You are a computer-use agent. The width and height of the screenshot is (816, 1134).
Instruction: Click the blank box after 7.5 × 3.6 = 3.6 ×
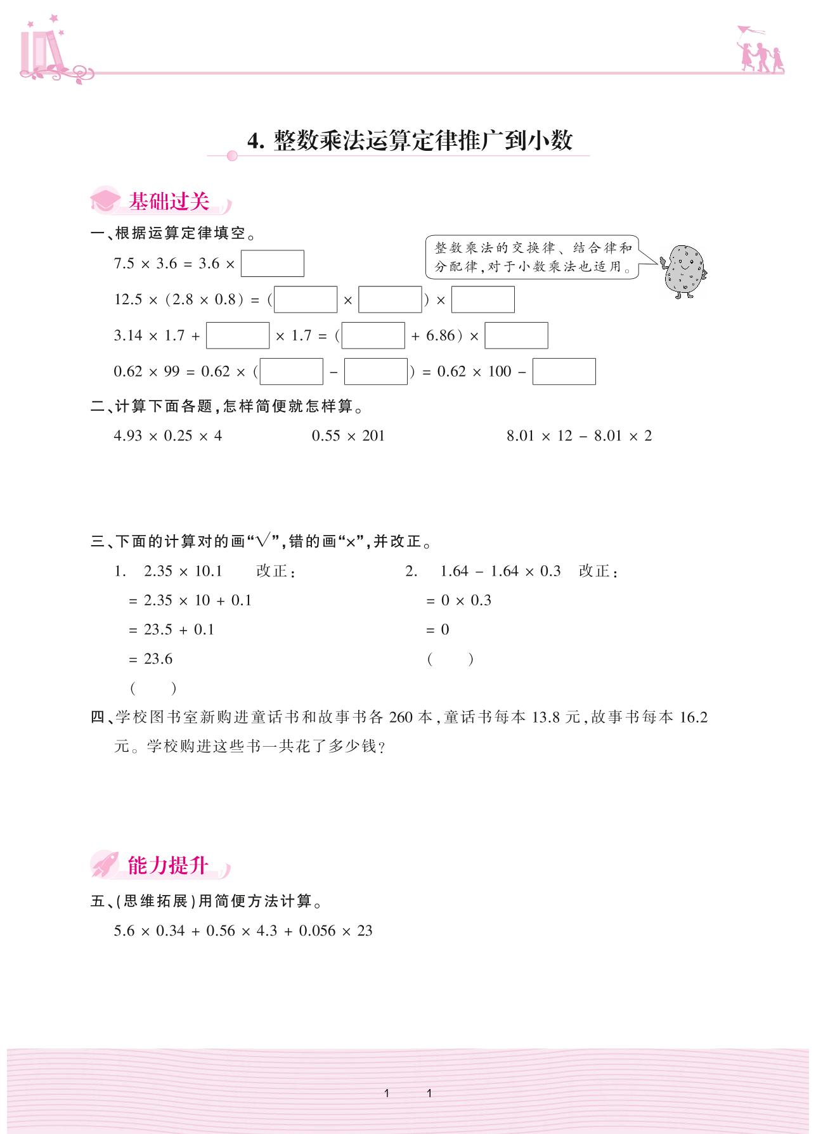tap(272, 264)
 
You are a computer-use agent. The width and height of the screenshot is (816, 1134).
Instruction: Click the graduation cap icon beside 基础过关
tap(105, 200)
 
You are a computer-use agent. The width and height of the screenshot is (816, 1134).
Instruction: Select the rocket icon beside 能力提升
tap(105, 864)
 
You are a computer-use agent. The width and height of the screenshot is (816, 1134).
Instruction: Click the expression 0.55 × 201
tap(348, 436)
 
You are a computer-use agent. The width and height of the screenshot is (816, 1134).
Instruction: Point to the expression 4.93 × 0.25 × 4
tap(168, 436)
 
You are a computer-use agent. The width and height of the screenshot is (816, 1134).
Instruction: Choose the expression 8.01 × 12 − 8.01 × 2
tap(579, 436)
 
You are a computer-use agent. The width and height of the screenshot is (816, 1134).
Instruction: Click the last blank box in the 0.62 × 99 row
tap(564, 371)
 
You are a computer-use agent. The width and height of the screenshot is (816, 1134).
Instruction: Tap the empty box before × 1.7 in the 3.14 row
tap(238, 336)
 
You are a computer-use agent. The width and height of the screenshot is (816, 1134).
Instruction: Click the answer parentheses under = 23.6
tap(153, 688)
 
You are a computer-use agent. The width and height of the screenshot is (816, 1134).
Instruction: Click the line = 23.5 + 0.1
tap(171, 630)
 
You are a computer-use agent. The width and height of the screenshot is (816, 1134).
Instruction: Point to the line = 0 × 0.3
tap(458, 601)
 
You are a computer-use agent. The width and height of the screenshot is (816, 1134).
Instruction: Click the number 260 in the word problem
tap(401, 718)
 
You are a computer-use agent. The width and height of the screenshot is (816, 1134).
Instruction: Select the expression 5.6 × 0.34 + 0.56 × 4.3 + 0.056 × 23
tap(243, 931)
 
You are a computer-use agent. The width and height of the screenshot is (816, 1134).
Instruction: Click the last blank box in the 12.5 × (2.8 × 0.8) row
tap(482, 300)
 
